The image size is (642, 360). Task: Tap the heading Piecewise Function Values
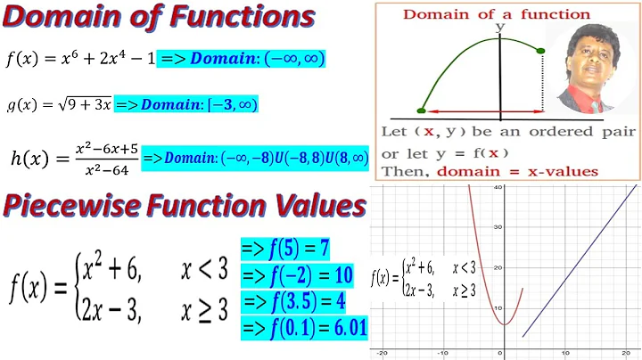click(x=184, y=207)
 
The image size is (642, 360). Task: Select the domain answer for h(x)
click(x=255, y=158)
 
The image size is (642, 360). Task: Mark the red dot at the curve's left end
click(x=422, y=111)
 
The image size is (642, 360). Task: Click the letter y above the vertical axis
click(x=501, y=29)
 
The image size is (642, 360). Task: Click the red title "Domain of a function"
click(x=498, y=13)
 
